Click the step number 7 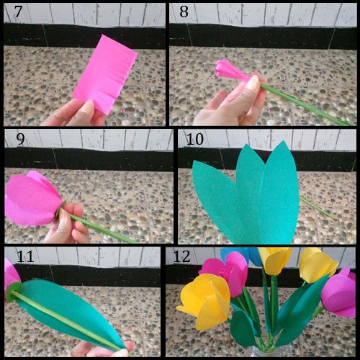click(x=14, y=13)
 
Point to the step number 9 click(x=19, y=138)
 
